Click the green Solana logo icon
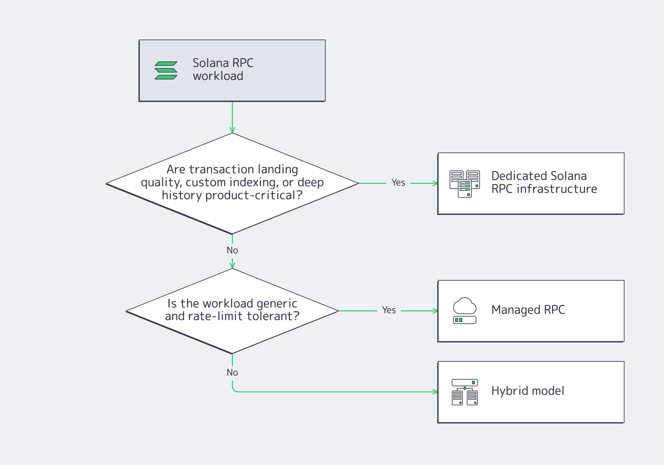166,70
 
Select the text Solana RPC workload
223,69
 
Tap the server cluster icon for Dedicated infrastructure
464,184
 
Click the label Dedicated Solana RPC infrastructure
544,182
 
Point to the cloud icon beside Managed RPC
464,306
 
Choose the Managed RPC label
528,310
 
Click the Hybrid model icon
464,392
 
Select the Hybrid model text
528,391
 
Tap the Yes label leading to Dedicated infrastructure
398,183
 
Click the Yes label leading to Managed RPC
389,310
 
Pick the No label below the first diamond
232,250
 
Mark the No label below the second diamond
232,373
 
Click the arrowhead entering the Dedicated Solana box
435,183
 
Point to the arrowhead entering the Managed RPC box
435,311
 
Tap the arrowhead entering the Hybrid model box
435,392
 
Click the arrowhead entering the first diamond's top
232,130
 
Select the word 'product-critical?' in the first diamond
254,196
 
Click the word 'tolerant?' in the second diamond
273,316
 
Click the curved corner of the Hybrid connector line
234,390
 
